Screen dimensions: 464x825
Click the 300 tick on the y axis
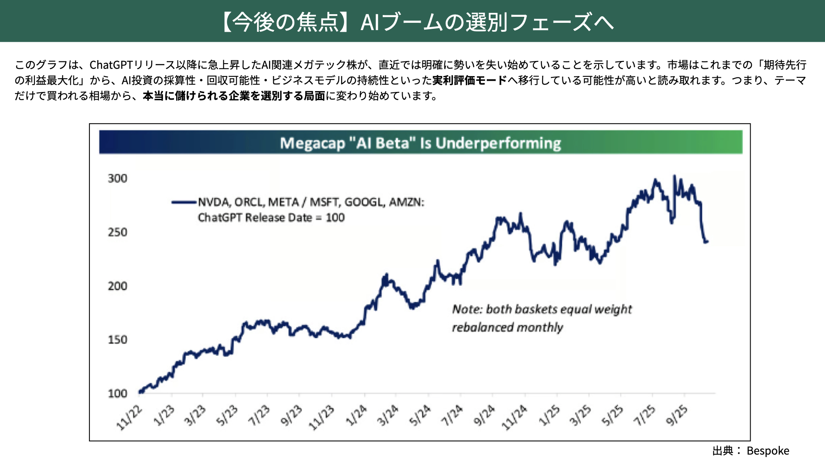click(117, 178)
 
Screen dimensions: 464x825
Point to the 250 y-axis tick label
click(117, 232)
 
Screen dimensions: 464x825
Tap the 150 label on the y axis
click(117, 339)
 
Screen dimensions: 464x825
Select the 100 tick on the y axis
click(117, 393)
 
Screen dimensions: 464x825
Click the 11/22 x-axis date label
click(129, 417)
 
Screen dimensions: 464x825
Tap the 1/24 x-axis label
click(356, 415)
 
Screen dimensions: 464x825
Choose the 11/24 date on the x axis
click(514, 417)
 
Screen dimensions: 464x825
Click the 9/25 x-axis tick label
click(676, 415)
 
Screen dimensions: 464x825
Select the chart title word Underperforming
click(498, 143)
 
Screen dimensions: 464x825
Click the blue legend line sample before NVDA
click(184, 202)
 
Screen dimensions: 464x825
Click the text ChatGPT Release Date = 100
click(271, 217)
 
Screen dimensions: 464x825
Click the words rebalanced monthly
click(507, 327)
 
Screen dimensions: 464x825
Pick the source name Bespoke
click(768, 451)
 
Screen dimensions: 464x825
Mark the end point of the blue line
click(707, 241)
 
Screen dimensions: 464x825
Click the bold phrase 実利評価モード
click(470, 80)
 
